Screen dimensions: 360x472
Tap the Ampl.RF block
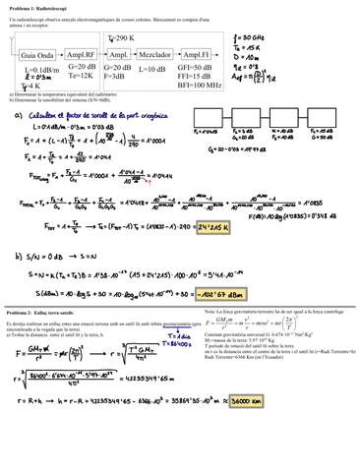(81, 54)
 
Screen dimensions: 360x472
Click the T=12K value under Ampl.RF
(81, 75)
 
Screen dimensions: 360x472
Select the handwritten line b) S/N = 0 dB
(49, 253)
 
